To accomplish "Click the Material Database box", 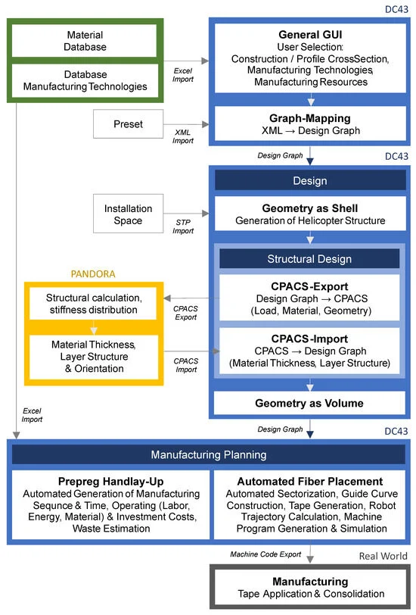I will pyautogui.click(x=85, y=41).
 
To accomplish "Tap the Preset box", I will pyautogui.click(x=128, y=124).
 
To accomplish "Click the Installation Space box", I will pyautogui.click(x=128, y=214).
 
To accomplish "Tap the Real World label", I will pyautogui.click(x=384, y=556).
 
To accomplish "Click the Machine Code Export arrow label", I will pyautogui.click(x=267, y=555).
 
